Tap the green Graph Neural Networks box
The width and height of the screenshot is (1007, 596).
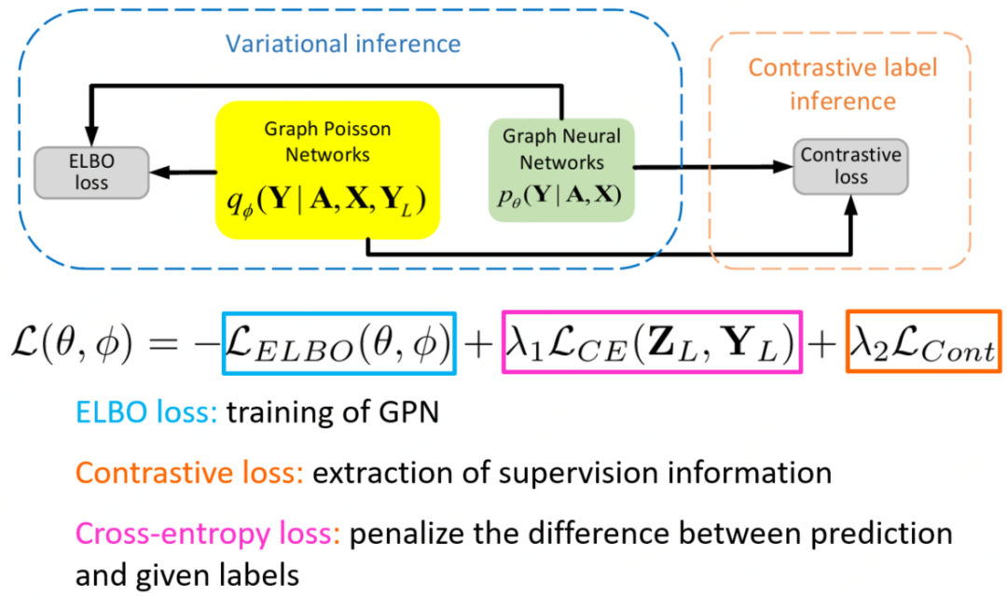pyautogui.click(x=561, y=170)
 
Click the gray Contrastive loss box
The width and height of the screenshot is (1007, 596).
pyautogui.click(x=850, y=166)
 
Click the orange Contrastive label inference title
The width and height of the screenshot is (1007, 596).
pyautogui.click(x=842, y=84)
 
